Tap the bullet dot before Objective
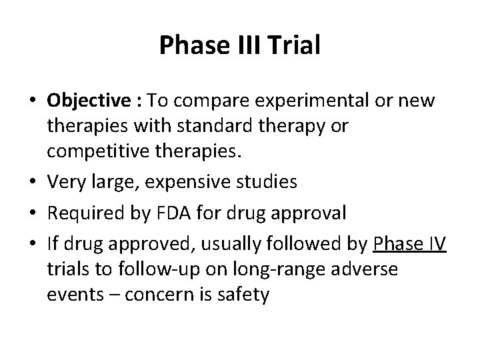[x=32, y=101]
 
